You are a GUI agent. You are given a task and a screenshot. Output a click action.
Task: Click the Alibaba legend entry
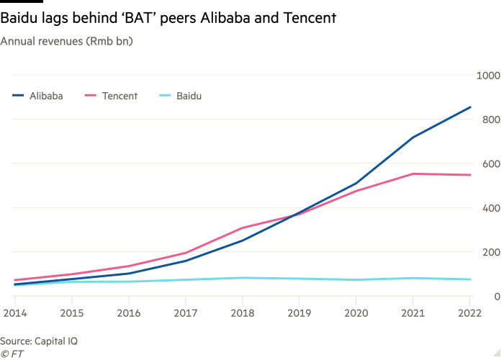coord(37,96)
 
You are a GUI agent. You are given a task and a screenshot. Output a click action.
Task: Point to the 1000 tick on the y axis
coord(485,75)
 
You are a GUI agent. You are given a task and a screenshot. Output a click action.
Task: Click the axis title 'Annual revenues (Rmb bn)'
coord(66,41)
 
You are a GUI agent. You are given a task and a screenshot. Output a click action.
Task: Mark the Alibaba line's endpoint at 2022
coord(471,107)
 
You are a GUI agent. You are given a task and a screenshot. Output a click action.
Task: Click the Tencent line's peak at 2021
coord(413,174)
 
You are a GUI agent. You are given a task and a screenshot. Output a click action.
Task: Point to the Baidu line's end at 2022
coord(471,279)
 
